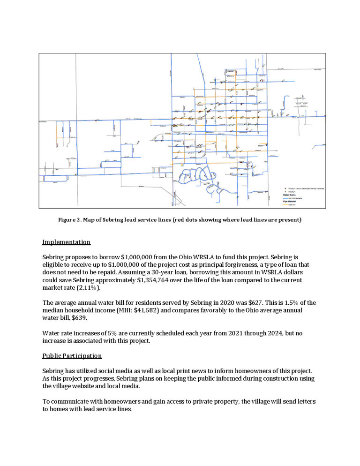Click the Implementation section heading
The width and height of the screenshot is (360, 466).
click(x=66, y=242)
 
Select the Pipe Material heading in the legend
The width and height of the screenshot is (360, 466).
click(x=289, y=202)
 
